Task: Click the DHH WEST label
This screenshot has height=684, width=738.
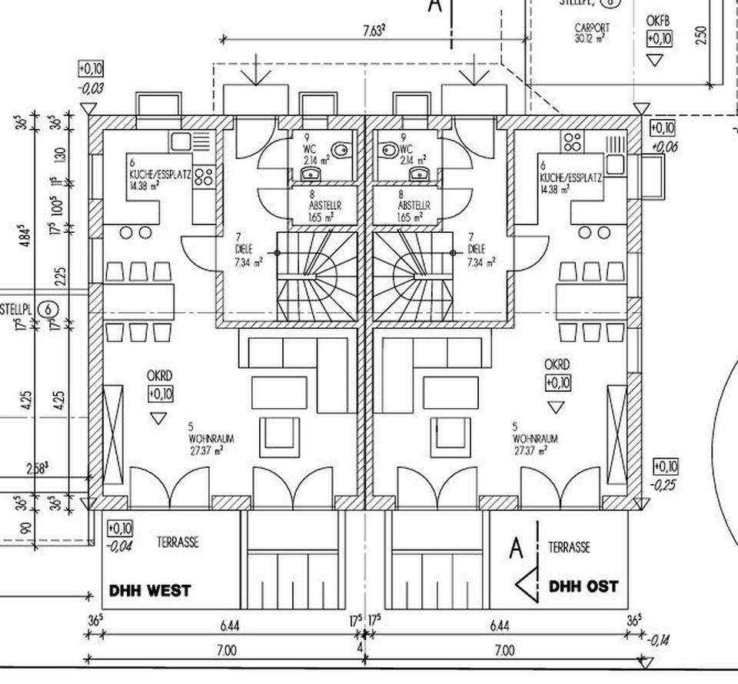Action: (x=149, y=592)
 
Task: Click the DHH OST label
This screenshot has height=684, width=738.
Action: (x=583, y=586)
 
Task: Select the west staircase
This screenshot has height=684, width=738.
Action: (x=316, y=277)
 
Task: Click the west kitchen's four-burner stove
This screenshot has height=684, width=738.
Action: (x=203, y=176)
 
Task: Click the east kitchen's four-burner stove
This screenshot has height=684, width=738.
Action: (x=573, y=141)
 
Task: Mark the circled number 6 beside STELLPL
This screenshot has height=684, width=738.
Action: (x=49, y=309)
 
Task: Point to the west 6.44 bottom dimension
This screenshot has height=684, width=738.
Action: (x=228, y=626)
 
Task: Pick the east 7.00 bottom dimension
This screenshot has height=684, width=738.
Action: (x=503, y=651)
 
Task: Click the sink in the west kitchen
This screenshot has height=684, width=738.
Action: (x=181, y=141)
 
